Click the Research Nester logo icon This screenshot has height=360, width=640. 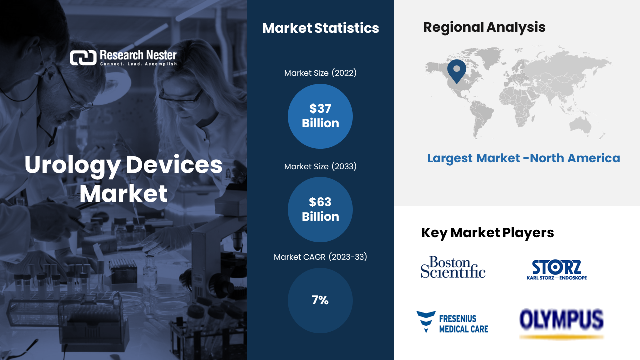coord(83,58)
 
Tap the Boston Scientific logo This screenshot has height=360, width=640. coord(453,267)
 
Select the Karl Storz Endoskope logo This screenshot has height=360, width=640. coord(557,270)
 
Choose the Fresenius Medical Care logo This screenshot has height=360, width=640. coord(452,322)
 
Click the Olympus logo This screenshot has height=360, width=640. coord(561,324)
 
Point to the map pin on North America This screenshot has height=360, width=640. coord(457,71)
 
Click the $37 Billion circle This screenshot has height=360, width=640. coord(320,116)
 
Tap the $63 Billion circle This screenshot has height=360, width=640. coord(320,209)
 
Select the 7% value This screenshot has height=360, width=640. coord(320,300)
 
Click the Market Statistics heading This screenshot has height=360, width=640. coord(320,28)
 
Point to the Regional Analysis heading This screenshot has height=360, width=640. coord(484,27)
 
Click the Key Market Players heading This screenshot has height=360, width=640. coord(487,233)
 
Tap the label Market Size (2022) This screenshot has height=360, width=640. coord(320,73)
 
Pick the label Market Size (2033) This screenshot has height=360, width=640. coord(320,166)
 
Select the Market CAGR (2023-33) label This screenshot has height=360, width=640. coord(320,257)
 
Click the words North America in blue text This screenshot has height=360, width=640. coord(575,158)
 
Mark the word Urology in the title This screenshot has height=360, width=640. coord(73,165)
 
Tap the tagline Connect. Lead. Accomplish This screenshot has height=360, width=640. coord(138,64)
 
